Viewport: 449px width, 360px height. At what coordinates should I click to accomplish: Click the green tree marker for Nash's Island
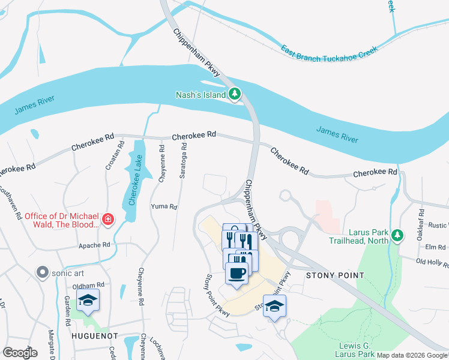[x=235, y=94]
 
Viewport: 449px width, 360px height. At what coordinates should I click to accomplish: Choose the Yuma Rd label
[x=164, y=206]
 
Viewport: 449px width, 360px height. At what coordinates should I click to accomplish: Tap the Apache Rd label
[x=94, y=245]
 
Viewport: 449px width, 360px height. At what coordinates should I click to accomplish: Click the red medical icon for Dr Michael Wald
[x=107, y=220]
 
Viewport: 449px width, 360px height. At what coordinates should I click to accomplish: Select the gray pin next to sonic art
[x=42, y=272]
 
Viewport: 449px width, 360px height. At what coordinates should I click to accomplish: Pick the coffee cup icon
[x=237, y=274]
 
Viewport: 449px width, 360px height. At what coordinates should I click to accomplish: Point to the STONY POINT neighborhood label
[x=334, y=275]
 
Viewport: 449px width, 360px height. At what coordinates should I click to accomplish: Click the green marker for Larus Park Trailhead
[x=396, y=236]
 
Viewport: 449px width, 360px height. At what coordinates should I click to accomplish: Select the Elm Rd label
[x=435, y=247]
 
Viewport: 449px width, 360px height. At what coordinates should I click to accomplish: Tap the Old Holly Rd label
[x=432, y=262]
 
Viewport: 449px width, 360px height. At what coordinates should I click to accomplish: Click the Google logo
[x=20, y=352]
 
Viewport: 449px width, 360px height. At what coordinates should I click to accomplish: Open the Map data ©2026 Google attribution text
[x=412, y=355]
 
